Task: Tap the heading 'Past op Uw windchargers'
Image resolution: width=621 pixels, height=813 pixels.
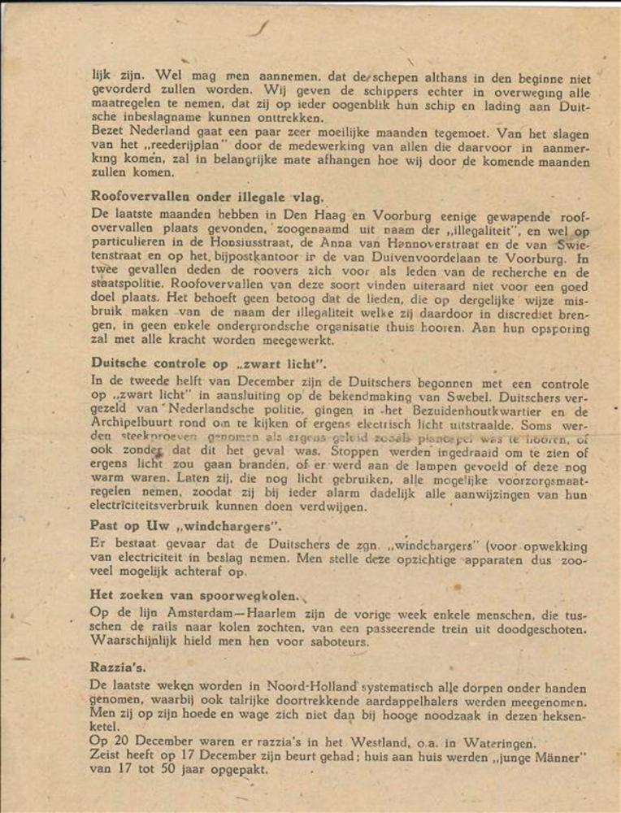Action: (x=185, y=525)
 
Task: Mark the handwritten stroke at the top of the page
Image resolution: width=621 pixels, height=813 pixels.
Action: (x=259, y=28)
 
